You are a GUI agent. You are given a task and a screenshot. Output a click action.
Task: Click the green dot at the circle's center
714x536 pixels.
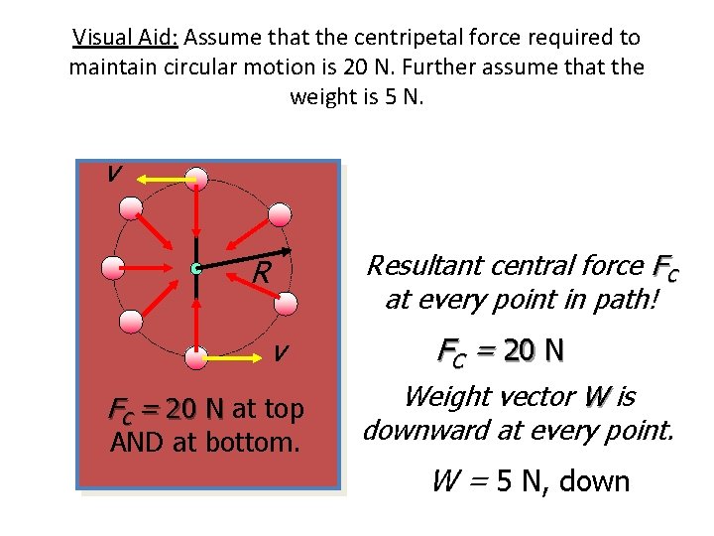point(197,268)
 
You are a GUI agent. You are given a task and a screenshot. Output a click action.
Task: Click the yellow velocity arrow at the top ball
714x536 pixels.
point(164,179)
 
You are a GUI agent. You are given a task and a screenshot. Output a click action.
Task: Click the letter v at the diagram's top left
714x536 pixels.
point(115,173)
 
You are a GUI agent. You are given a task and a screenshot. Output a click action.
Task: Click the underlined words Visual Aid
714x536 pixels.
point(124,38)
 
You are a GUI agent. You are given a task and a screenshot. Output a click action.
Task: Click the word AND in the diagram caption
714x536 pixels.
point(138,441)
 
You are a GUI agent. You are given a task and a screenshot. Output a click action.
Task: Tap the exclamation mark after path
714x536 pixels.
point(654,299)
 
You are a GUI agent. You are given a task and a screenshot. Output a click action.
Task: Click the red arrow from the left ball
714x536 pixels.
point(154,268)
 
